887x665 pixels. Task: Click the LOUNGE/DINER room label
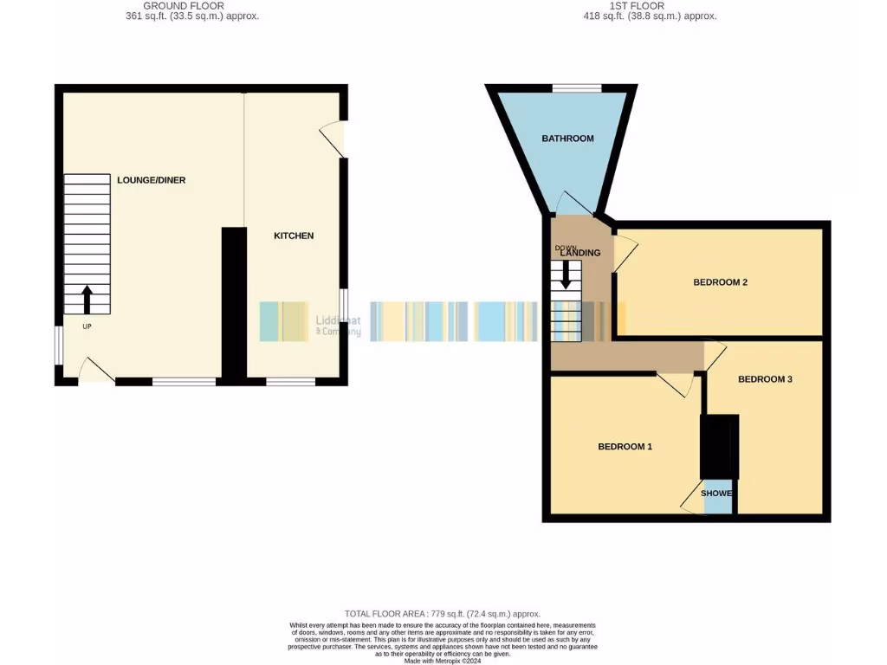point(152,180)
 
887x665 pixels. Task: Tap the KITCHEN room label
point(294,236)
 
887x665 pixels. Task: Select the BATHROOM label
point(567,139)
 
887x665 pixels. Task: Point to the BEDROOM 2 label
point(720,282)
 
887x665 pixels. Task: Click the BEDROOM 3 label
point(765,379)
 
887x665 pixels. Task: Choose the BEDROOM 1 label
point(625,447)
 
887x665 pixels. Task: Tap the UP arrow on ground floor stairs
point(87,300)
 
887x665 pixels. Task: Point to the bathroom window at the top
point(577,87)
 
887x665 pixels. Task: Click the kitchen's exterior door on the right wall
point(334,139)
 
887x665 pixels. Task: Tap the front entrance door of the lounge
point(96,372)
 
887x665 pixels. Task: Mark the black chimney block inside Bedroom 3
point(719,446)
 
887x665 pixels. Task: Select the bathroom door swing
point(574,203)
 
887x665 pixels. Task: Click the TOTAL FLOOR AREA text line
point(443,614)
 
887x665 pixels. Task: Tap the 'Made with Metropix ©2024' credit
point(443,661)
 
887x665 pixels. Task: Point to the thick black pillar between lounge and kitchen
point(233,303)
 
